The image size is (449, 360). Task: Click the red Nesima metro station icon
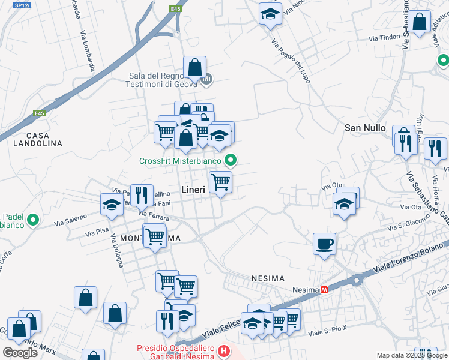325,289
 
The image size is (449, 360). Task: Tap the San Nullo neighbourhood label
364,128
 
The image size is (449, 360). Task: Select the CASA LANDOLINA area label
36,139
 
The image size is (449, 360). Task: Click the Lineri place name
193,190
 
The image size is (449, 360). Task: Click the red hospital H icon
223,351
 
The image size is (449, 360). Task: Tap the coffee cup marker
324,244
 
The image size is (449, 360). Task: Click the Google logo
20,352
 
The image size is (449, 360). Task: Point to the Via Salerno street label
71,220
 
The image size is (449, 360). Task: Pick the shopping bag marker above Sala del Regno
195,67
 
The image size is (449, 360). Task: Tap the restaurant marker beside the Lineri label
142,194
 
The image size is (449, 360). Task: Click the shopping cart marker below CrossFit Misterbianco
221,181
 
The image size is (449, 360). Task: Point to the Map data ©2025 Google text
411,355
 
